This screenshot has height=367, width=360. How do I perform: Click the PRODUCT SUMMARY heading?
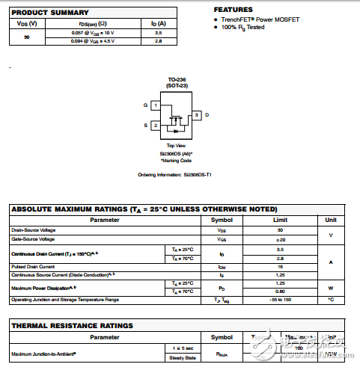[x=49, y=13]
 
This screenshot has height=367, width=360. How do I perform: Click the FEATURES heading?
[x=233, y=9]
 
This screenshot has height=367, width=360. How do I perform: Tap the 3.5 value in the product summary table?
[x=158, y=33]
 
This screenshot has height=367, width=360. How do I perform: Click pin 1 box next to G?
[x=154, y=105]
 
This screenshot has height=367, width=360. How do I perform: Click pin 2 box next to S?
[x=154, y=125]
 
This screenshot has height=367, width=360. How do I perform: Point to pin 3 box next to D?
[x=196, y=115]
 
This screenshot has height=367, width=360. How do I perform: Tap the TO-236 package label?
[x=176, y=80]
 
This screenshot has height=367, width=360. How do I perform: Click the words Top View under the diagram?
[x=176, y=146]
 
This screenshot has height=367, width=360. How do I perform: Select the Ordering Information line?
[x=175, y=175]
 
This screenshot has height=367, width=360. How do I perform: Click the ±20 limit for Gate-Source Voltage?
[x=280, y=239]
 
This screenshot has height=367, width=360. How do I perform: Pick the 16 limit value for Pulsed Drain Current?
[x=280, y=265]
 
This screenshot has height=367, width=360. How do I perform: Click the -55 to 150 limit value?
[x=280, y=300]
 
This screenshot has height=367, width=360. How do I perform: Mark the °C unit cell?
[x=330, y=300]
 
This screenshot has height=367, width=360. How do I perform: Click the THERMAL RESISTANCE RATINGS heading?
[x=72, y=326]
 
